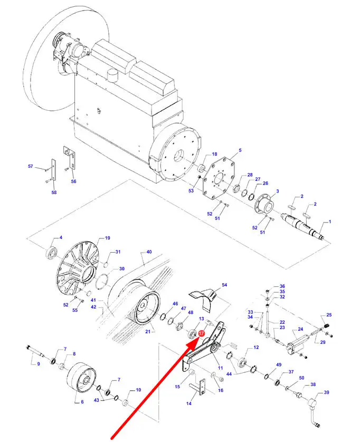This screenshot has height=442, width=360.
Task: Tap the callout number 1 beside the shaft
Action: [x=330, y=222]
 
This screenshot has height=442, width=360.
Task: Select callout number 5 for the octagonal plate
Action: [x=240, y=151]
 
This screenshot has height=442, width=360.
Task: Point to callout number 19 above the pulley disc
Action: [x=107, y=238]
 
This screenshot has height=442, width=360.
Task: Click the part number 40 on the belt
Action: [x=149, y=252]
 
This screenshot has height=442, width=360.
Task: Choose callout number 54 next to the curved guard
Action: [x=224, y=285]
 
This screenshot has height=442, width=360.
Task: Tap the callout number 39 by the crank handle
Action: [x=326, y=392]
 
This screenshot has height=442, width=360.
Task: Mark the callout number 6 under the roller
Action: [x=82, y=401]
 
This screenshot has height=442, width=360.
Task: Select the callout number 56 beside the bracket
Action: [x=74, y=181]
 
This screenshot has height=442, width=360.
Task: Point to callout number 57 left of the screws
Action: [x=30, y=167]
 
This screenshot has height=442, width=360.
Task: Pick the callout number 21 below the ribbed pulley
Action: [x=148, y=331]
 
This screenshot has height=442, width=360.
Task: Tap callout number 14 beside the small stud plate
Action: [x=190, y=403]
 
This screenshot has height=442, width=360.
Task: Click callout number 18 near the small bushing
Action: [x=214, y=154]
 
